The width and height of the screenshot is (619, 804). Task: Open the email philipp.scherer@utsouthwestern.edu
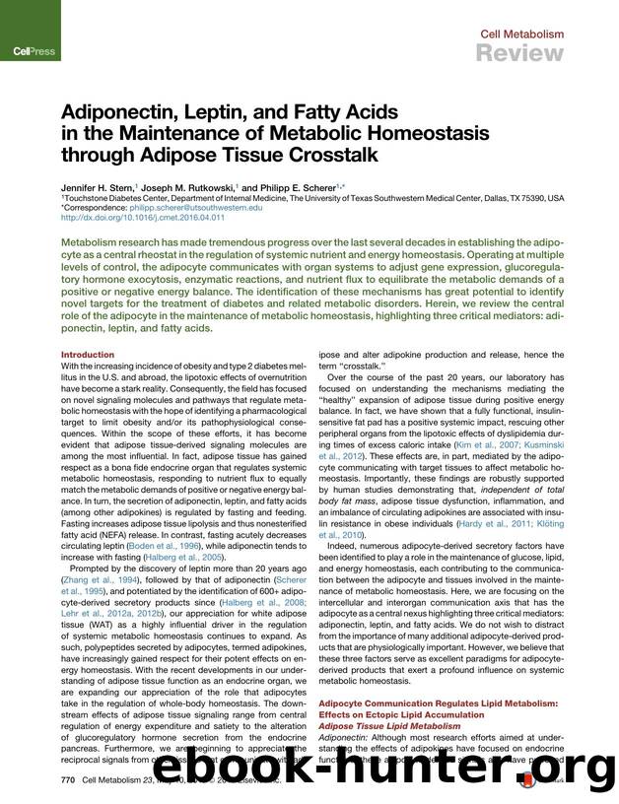[199, 208]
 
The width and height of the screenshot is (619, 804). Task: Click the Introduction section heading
[88, 355]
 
